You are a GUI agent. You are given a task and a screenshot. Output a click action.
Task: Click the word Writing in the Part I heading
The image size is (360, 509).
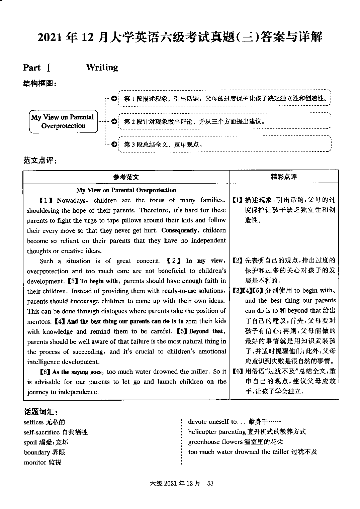click(102, 68)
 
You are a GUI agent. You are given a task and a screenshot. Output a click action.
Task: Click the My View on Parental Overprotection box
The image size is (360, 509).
click(63, 121)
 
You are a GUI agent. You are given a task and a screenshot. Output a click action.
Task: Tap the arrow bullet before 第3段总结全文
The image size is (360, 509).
click(114, 144)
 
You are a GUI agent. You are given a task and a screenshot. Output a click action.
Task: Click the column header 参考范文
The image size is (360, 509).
click(126, 177)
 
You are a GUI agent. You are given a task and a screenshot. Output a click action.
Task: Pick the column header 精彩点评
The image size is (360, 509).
click(284, 177)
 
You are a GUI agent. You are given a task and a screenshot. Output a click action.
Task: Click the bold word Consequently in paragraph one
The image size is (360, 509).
click(180, 230)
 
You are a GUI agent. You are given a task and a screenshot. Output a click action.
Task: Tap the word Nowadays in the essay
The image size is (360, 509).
click(72, 200)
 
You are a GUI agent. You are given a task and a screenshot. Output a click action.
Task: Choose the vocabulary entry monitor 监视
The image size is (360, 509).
click(42, 463)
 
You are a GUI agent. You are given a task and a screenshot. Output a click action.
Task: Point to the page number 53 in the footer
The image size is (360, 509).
click(210, 483)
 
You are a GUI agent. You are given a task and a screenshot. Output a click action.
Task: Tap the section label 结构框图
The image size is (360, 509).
click(39, 83)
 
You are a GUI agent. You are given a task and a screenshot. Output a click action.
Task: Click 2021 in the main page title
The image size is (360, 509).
click(51, 37)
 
